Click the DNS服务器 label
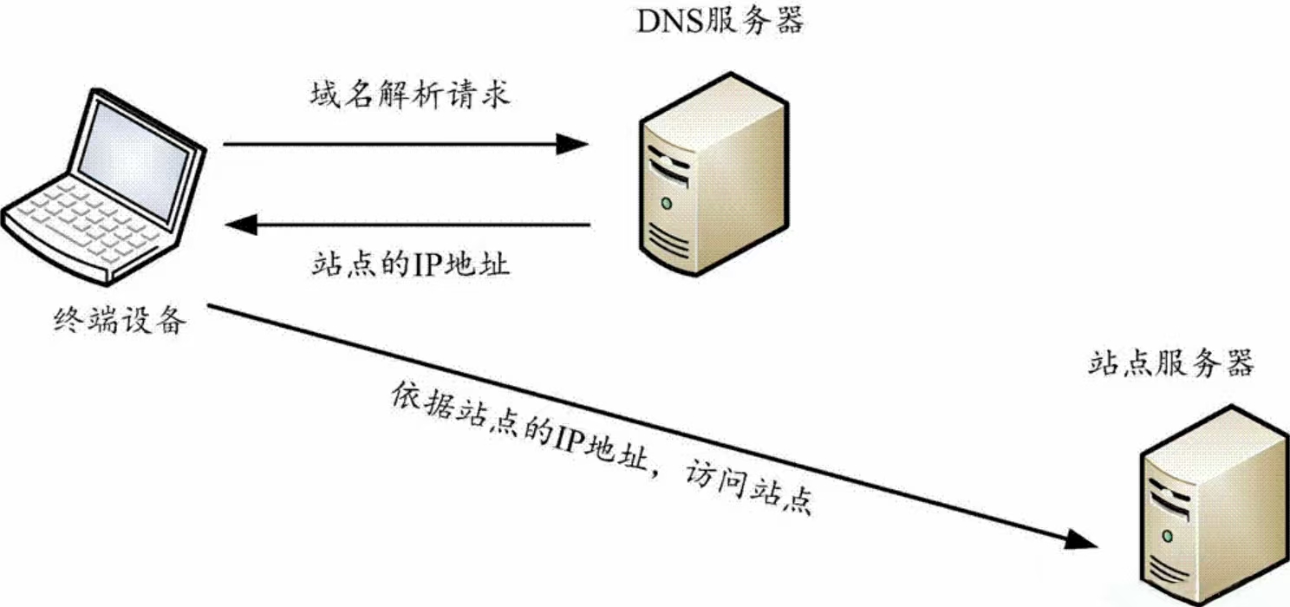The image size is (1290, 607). coord(720,21)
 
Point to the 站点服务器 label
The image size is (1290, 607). coord(1170,363)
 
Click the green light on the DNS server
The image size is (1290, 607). coord(666,204)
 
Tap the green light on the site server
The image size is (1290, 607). coord(1167,533)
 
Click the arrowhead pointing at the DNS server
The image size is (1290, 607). coord(572,144)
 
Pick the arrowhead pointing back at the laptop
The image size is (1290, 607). coord(241,225)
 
